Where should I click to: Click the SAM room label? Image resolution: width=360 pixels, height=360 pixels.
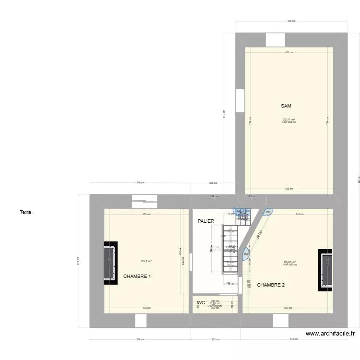286,106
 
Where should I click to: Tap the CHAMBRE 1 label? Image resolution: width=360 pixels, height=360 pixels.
137,276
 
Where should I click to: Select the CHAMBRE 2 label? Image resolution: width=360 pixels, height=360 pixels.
271,285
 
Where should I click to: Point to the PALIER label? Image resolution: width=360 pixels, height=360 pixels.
205,221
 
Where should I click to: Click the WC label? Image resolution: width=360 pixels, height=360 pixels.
201,303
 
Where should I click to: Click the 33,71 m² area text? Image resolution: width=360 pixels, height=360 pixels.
289,120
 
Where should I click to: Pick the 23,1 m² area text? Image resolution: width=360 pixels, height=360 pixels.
146,261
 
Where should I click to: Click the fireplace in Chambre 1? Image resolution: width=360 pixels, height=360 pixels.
109,263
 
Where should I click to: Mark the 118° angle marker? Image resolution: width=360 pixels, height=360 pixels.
267,212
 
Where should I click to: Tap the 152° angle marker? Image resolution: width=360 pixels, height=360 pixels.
246,254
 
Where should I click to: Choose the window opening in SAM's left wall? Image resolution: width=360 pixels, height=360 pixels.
240,101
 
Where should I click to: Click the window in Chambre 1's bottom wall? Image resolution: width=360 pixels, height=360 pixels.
141,321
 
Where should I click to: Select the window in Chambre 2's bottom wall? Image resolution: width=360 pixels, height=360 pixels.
280,321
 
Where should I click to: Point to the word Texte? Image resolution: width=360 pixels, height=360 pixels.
25,212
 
